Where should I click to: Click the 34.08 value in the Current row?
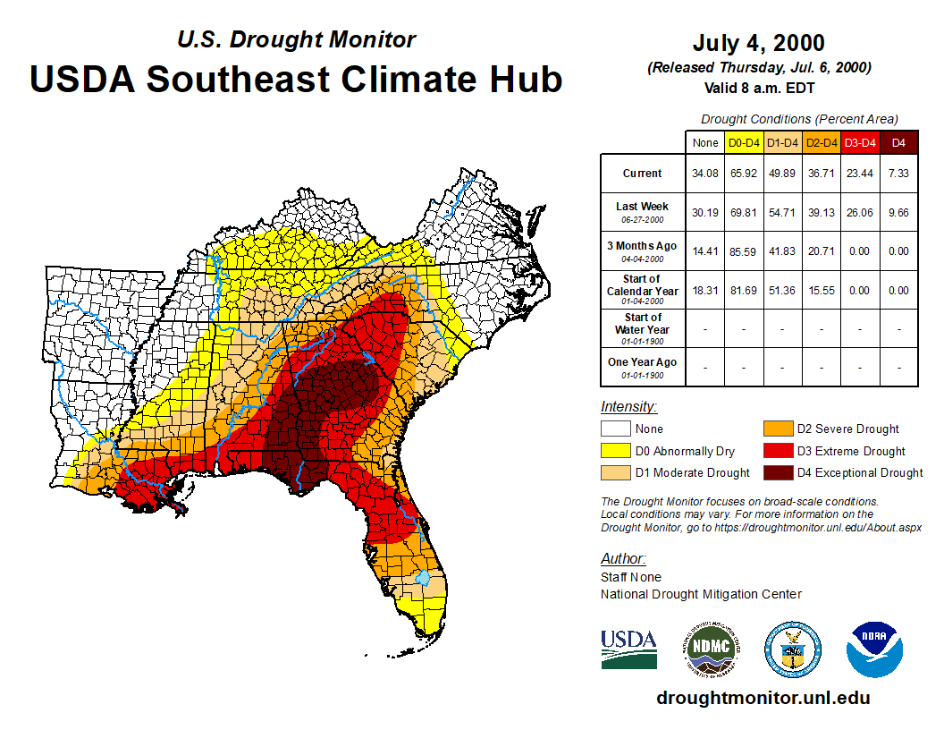(706, 174)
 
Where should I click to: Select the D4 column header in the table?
(898, 143)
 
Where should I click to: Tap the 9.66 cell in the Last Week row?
(898, 212)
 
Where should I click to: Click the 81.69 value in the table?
(744, 290)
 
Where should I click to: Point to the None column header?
(706, 143)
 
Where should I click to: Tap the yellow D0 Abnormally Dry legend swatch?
(616, 451)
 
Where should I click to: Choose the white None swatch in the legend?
(616, 429)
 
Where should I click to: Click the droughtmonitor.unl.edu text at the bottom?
(763, 698)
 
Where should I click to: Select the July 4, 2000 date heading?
(758, 43)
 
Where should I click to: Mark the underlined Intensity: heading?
(628, 407)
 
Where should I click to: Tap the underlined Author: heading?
(623, 559)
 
